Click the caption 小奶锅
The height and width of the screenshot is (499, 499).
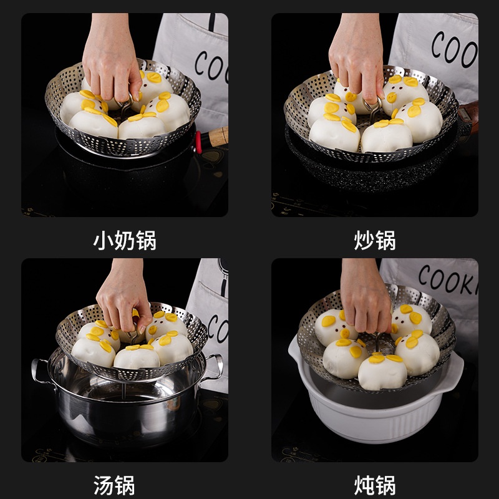tap(124, 240)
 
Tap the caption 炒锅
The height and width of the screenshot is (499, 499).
tap(375, 240)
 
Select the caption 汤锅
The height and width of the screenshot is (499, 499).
tap(114, 485)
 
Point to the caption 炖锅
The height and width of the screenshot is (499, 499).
tap(375, 485)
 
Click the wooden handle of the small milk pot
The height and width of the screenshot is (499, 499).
tap(218, 137)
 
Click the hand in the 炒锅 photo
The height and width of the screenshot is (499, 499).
tap(356, 57)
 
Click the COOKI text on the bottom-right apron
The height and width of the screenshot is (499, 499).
tap(448, 280)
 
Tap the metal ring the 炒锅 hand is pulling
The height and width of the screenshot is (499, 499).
tap(372, 104)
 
